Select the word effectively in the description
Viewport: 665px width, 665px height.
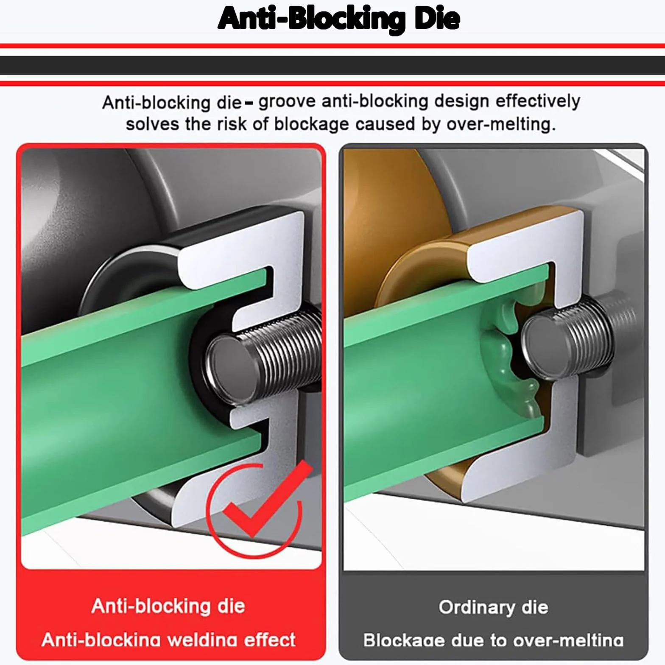pos(538,101)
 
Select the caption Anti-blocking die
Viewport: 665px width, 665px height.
pos(168,606)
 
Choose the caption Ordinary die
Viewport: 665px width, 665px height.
pos(493,607)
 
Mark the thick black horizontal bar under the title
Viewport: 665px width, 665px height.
pos(332,65)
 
